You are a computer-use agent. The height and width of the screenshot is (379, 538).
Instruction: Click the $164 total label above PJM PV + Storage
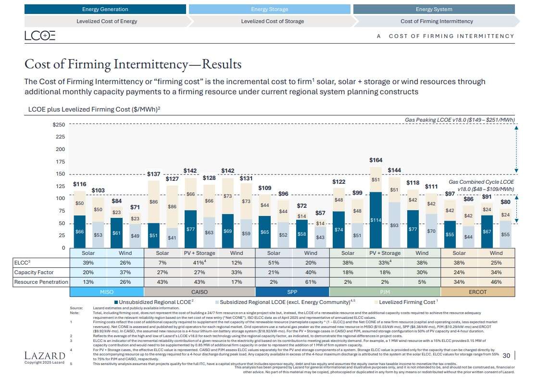(x=375, y=160)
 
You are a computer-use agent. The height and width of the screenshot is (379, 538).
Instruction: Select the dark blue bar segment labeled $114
(x=375, y=220)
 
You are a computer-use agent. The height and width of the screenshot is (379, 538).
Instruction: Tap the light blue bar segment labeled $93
(x=394, y=225)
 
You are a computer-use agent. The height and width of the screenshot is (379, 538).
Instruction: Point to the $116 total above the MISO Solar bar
(x=79, y=184)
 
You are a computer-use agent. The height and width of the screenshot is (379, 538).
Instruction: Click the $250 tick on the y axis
(x=59, y=125)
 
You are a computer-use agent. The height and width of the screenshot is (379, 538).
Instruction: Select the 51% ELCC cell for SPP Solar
(x=274, y=263)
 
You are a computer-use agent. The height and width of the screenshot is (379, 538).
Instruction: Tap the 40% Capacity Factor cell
(x=311, y=272)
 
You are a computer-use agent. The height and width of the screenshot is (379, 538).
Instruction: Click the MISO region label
(x=107, y=292)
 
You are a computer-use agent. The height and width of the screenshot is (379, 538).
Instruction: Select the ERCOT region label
(x=478, y=292)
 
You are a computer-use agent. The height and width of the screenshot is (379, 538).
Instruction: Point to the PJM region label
(x=385, y=292)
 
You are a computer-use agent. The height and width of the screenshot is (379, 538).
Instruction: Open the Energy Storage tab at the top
(x=269, y=9)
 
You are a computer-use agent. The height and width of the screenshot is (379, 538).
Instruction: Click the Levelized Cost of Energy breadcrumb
(x=107, y=21)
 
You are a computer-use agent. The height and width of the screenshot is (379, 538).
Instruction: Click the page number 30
(x=506, y=355)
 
